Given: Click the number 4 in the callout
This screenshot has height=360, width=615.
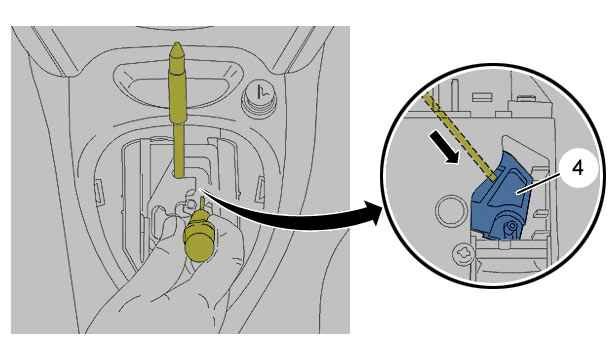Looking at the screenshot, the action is coord(578,168).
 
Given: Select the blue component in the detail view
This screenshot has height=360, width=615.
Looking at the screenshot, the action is coord(501,195).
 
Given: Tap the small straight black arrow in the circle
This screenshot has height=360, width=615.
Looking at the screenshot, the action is coord(444,147).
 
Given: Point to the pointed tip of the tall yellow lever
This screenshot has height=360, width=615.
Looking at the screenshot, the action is coord(176,43).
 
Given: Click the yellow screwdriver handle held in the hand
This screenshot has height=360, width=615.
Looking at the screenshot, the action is coord(200,236).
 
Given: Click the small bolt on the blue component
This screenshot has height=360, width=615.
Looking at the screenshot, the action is coord(511,226).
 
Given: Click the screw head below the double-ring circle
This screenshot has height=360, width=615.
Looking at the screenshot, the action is coord(463,255).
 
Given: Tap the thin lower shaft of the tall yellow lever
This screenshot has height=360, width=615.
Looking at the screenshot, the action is coord(179,149).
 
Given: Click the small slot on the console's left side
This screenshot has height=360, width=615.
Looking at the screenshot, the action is coord(98,191).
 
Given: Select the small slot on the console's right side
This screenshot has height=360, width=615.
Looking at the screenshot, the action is coord(260,189).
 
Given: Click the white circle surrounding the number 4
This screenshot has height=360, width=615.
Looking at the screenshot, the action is coord(578,168).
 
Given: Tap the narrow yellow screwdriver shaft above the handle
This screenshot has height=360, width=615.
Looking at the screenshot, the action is coord(202,203).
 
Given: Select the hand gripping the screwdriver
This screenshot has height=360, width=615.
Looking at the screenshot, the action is coord(169,282).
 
